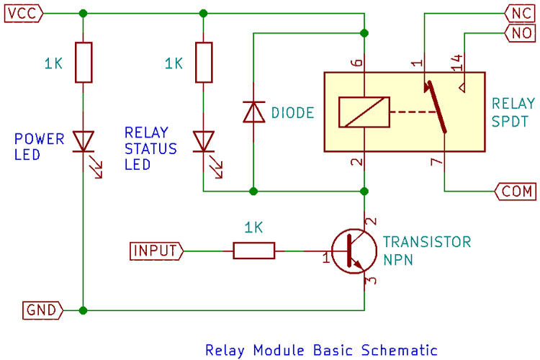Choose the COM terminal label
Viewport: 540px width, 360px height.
click(x=515, y=192)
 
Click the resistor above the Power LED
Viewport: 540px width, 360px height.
click(x=84, y=62)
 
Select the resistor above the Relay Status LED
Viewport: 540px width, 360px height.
click(x=204, y=62)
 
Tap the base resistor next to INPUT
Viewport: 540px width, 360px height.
click(x=253, y=251)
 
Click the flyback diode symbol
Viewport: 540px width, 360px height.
click(x=253, y=112)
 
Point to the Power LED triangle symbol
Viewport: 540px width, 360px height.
click(x=84, y=140)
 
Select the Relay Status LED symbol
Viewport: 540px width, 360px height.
click(x=204, y=140)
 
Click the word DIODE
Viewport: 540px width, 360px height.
click(x=293, y=112)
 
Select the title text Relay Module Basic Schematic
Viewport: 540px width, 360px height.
click(x=321, y=351)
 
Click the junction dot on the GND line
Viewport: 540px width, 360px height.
click(x=84, y=310)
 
